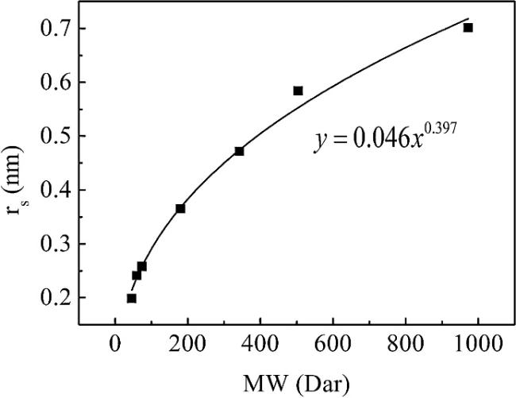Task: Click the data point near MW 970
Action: coord(468,28)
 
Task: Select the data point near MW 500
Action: coord(298,91)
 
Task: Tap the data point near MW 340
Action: coord(239,151)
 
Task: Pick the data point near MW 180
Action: coord(180,208)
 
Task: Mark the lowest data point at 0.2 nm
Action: coord(131,298)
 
